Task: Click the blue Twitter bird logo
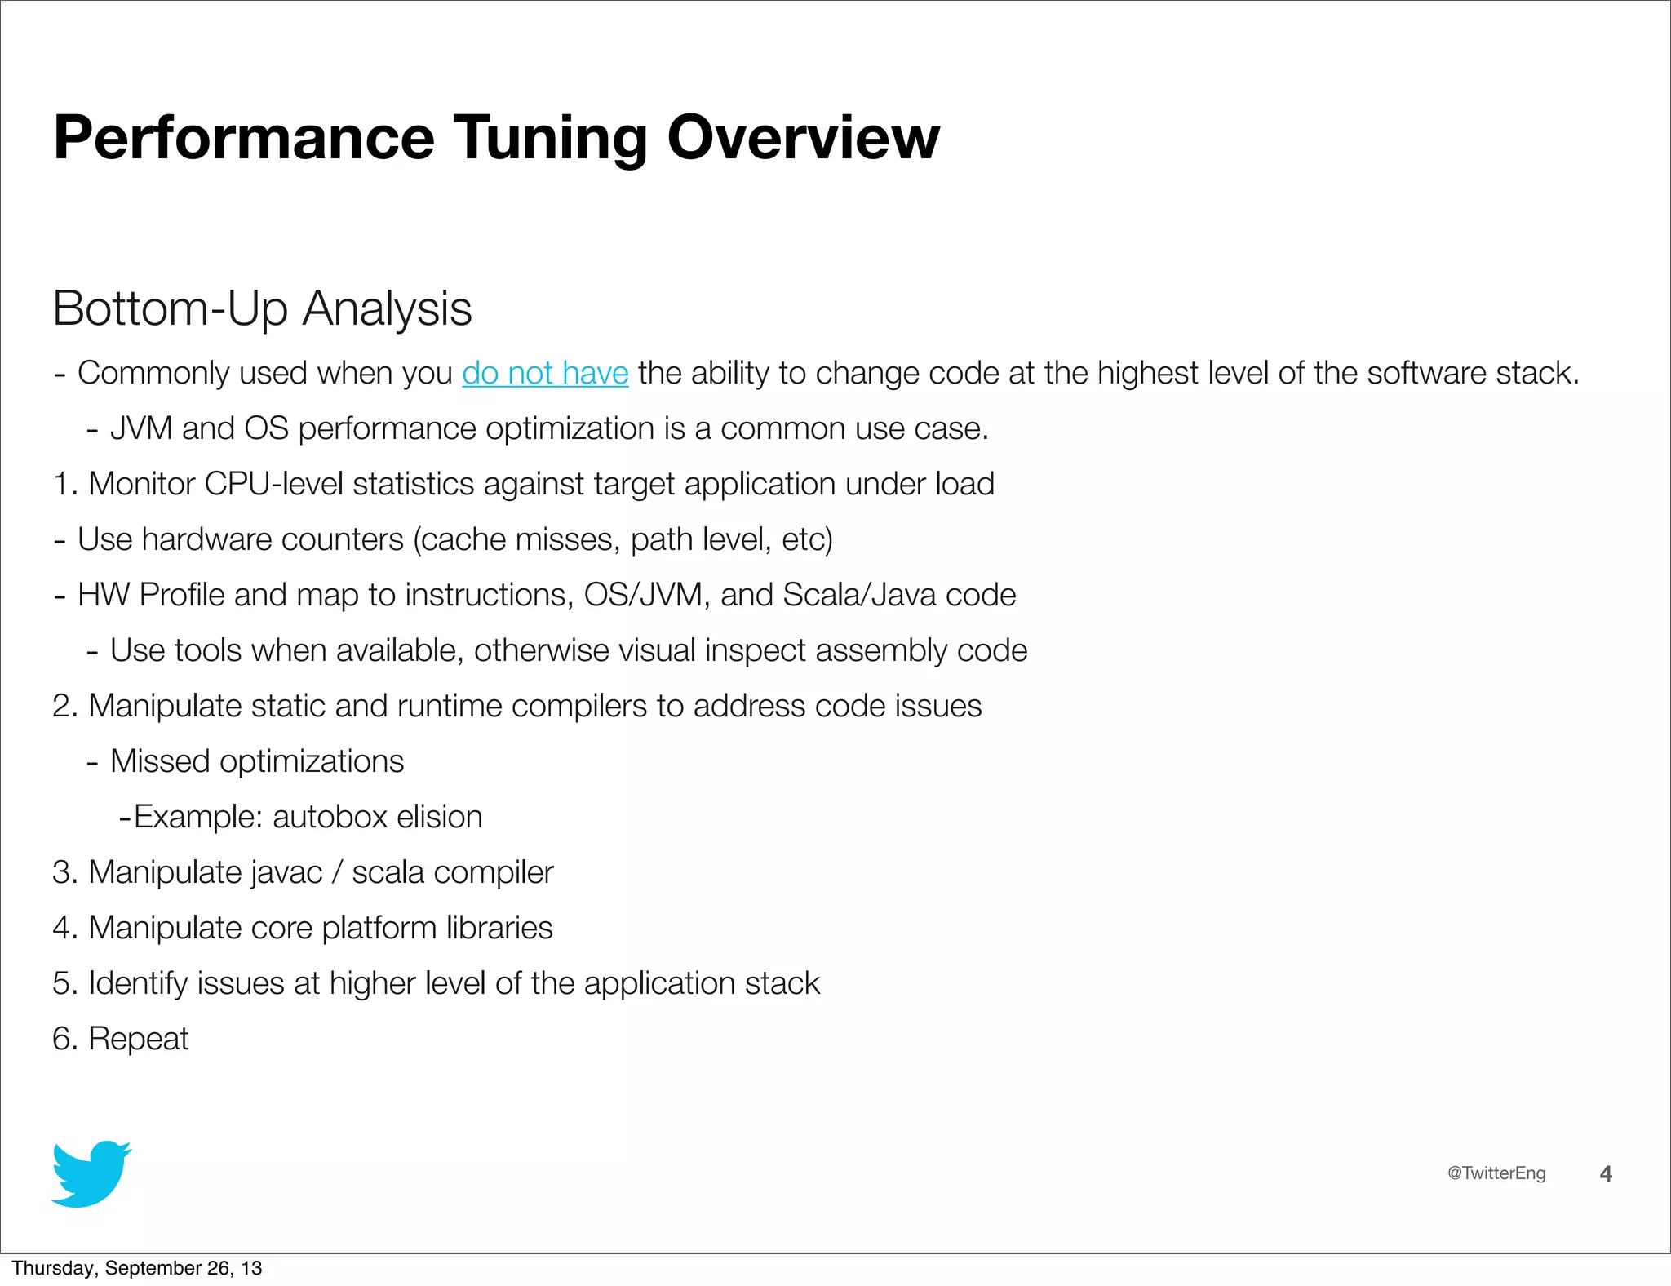pos(91,1173)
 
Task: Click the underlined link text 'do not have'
pos(545,373)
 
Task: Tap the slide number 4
pos(1606,1173)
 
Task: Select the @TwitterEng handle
pos(1496,1173)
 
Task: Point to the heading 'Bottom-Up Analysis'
pos(262,308)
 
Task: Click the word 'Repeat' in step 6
pos(138,1039)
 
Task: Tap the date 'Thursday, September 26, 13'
pos(137,1267)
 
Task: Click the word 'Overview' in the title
pos(803,139)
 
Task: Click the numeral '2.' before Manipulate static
pos(65,706)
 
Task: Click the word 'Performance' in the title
pos(244,139)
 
